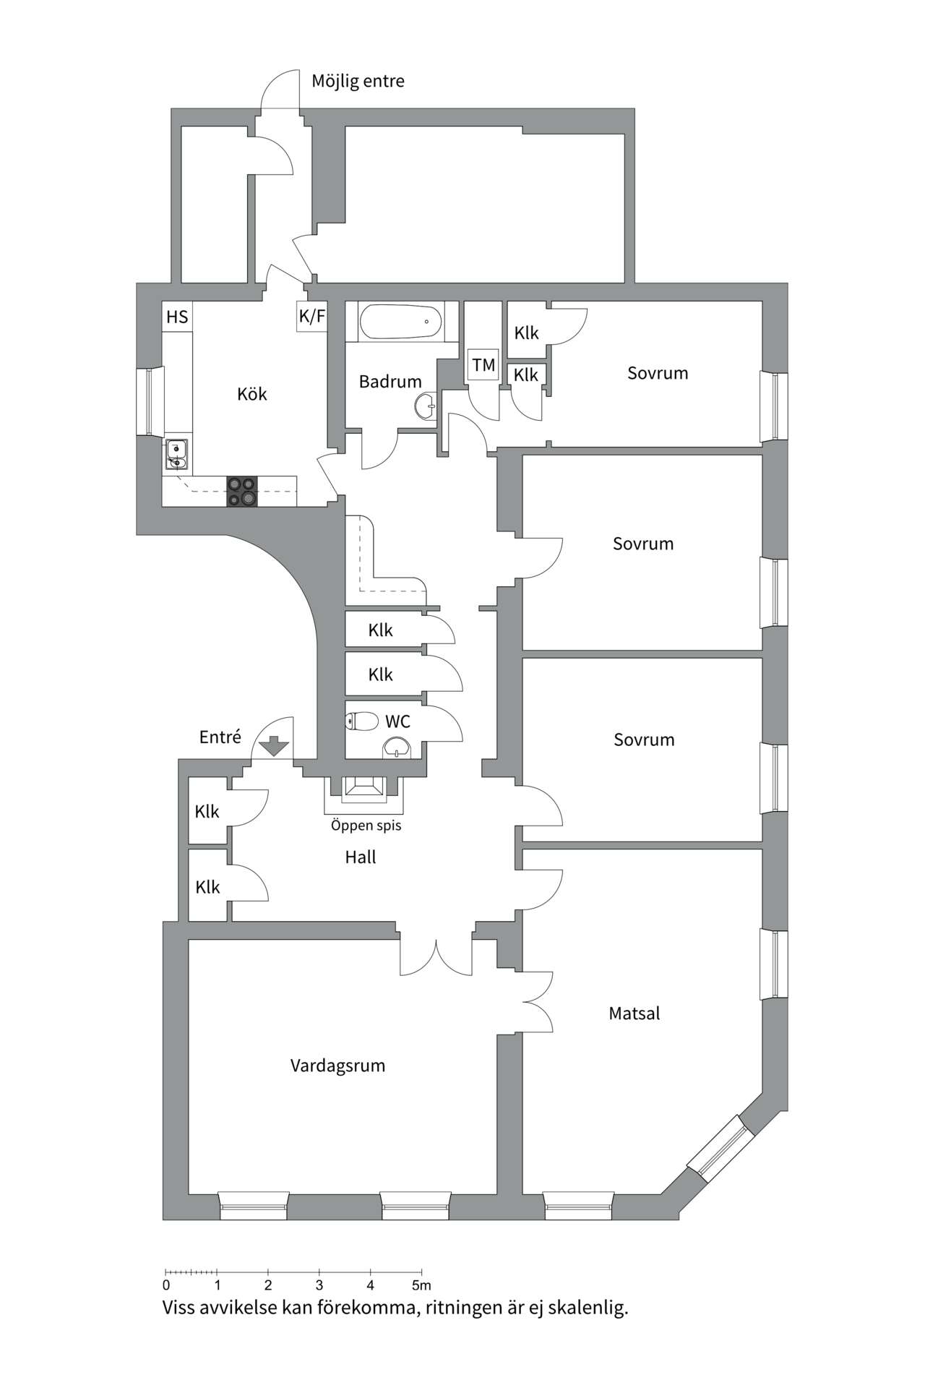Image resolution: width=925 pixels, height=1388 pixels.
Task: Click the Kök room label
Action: pos(251,394)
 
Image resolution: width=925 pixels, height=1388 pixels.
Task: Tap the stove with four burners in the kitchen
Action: pos(241,492)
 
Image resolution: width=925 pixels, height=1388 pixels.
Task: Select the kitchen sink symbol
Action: pos(176,455)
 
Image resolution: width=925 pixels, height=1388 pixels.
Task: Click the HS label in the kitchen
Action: pos(177,317)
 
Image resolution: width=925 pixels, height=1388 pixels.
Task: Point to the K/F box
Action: pos(311,316)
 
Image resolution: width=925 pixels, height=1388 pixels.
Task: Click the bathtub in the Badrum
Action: pos(400,322)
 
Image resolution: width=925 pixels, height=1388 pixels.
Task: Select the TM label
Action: pos(483,365)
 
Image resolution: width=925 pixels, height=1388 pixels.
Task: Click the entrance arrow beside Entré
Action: pos(274,745)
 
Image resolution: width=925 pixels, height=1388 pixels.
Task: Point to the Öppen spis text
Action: pos(366,825)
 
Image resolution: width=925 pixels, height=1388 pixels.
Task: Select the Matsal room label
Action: pos(634,1014)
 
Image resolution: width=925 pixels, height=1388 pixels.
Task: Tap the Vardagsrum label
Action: pos(337,1066)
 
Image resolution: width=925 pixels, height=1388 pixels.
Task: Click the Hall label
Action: pos(360,857)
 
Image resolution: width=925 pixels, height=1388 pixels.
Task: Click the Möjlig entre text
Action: pos(358,81)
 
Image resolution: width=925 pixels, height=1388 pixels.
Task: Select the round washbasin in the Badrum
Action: pos(426,406)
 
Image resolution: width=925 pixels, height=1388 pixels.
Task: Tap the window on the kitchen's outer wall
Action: pos(150,401)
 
